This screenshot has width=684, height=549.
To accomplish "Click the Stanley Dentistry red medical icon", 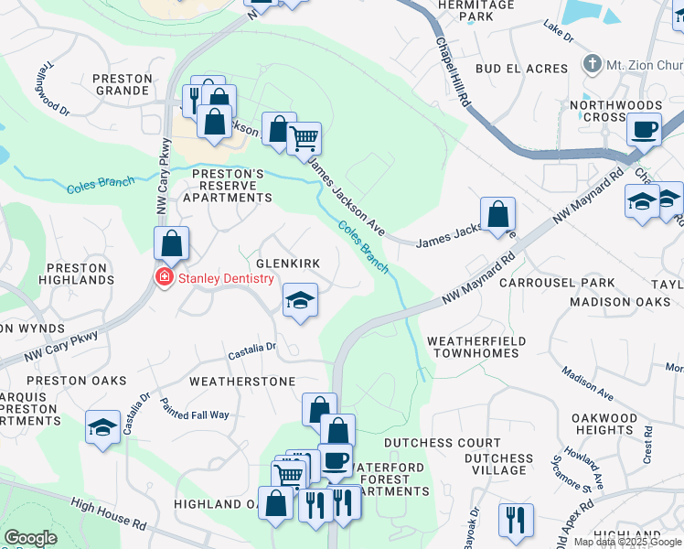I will pos(165,277).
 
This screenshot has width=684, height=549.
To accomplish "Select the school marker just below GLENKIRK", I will pos(299,300).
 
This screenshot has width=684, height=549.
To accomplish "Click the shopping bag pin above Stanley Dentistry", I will pos(171,244).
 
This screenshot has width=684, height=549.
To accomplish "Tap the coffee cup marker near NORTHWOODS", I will pos(644,130).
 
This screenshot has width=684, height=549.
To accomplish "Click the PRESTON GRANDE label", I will pos(123,85).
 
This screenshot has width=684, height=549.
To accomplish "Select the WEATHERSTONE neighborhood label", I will pos(242,381).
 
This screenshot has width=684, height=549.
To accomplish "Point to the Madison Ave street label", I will pos(587,382).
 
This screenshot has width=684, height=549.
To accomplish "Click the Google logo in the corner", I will pos(30,538).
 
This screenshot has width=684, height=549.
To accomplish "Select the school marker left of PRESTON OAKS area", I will pos(103,426).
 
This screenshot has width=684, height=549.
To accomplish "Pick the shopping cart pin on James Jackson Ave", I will pos(304,139).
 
